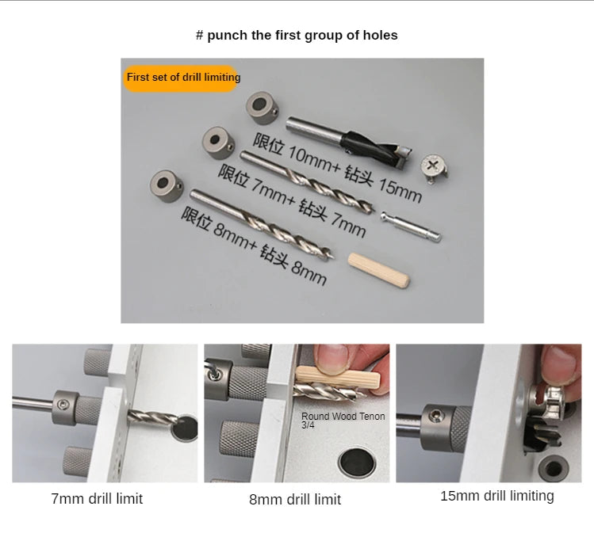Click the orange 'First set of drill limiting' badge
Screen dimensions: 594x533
181,78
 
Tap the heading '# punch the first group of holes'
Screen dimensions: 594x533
297,35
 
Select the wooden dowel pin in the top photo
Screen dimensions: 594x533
378,270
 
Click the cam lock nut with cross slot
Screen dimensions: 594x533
435,167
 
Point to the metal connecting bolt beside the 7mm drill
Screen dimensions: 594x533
411,227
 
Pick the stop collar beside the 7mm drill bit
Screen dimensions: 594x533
218,143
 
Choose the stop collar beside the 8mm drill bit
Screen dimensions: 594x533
167,186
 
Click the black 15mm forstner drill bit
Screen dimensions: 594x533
349,144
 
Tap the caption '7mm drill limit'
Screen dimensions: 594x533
97,499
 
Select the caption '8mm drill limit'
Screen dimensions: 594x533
295,499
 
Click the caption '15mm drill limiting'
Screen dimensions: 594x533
497,496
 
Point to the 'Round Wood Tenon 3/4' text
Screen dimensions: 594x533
343,420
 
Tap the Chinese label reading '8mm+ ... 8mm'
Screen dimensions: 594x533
254,246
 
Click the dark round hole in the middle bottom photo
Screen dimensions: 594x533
357,462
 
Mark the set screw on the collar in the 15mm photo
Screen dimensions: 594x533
434,417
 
